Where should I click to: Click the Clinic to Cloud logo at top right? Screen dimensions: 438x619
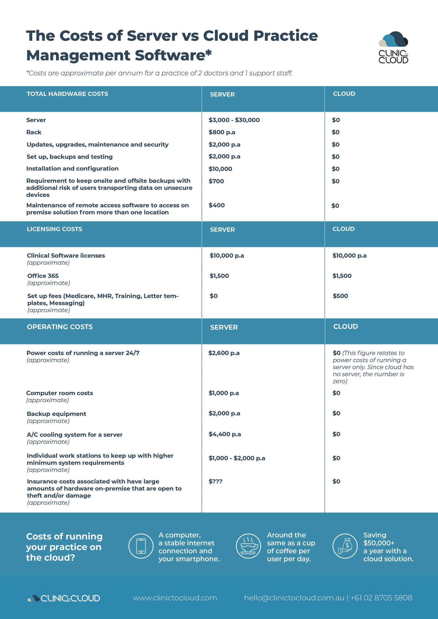[393, 48]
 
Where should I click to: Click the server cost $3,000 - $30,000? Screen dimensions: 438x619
[234, 120]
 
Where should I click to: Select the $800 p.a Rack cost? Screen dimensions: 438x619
[222, 132]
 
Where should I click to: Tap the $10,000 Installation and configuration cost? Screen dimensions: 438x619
[220, 169]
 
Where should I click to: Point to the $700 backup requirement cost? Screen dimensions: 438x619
[216, 181]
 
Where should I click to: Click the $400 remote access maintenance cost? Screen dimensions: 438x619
[217, 205]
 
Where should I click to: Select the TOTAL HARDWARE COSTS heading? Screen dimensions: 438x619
[67, 94]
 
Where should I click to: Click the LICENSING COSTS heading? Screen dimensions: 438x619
[54, 229]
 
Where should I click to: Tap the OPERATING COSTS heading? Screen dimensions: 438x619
[60, 327]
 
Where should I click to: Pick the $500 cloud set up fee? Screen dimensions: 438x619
[340, 296]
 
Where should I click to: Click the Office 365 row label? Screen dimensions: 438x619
[43, 276]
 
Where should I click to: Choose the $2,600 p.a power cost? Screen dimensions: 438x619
[224, 353]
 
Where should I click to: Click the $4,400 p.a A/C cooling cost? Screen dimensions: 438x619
[225, 434]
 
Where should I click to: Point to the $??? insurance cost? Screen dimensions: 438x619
[215, 481]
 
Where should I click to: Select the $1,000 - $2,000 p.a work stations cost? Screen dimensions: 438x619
[237, 458]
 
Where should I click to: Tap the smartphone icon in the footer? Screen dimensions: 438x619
[141, 546]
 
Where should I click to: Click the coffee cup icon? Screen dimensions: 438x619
[249, 546]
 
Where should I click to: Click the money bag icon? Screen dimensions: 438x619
[345, 546]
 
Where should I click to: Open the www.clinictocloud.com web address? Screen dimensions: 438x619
[175, 598]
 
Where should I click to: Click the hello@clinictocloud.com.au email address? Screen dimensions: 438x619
[294, 598]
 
